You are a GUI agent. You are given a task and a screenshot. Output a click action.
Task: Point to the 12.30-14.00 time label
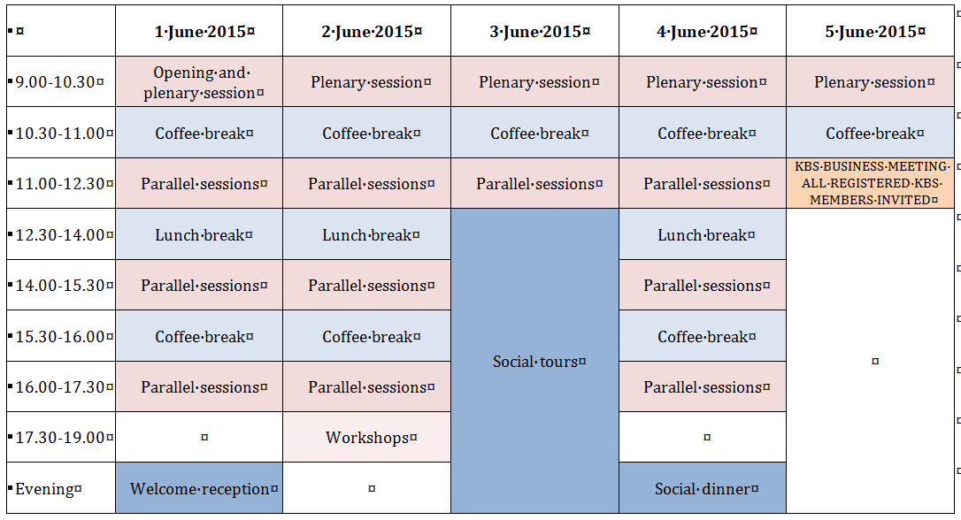tap(61, 234)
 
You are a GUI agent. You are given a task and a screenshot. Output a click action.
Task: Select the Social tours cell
tap(534, 362)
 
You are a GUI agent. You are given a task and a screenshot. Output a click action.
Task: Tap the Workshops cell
tap(366, 438)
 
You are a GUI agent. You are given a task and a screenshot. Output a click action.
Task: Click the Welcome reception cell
tap(199, 489)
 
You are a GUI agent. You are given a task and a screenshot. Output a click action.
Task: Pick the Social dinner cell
tap(703, 489)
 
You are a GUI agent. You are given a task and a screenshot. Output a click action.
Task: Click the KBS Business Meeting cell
tap(870, 183)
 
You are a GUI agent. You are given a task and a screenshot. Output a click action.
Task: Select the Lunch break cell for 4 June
tap(703, 234)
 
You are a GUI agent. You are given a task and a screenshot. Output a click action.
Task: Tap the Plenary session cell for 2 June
tap(366, 82)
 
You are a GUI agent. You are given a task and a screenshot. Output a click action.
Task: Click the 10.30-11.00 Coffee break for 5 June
tap(870, 133)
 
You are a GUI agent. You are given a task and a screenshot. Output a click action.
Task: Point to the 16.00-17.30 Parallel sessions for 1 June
tap(199, 387)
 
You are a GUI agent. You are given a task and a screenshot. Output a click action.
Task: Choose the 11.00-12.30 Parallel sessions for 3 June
tap(534, 183)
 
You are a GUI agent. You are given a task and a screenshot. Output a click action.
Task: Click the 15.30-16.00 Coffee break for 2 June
tap(366, 336)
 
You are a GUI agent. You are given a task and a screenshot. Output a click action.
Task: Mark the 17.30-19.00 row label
tap(61, 438)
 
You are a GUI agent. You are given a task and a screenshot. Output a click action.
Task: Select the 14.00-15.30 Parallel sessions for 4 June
tap(703, 286)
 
